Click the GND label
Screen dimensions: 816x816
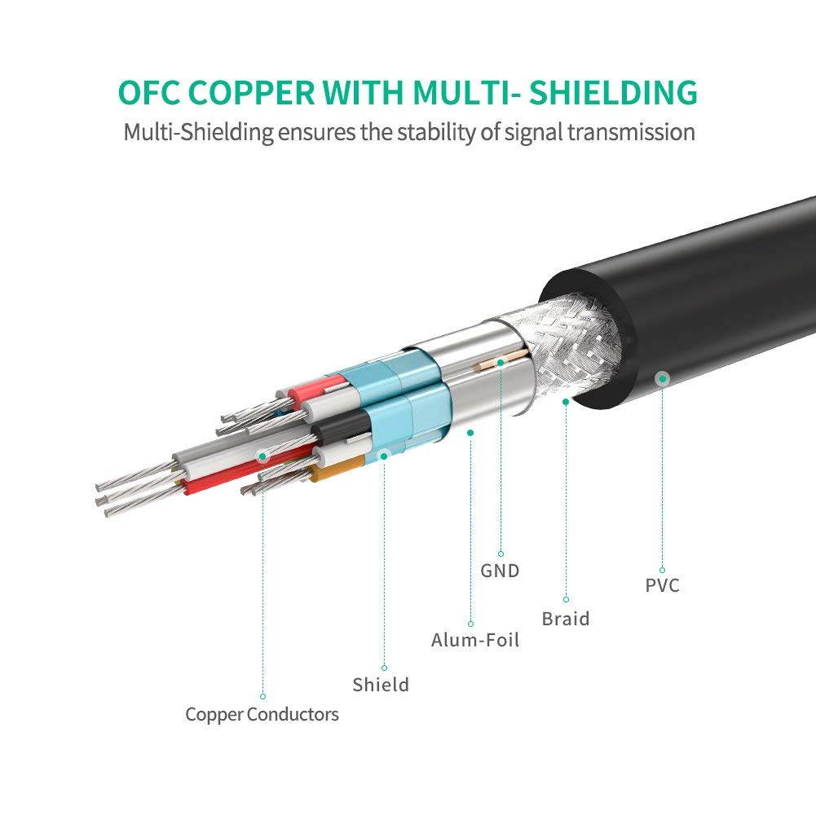[500, 571]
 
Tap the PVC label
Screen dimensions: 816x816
[662, 585]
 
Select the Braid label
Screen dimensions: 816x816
[566, 619]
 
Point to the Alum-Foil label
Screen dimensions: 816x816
[475, 640]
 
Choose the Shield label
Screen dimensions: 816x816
[381, 685]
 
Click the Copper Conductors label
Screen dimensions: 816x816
[262, 715]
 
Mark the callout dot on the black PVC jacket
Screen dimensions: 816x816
[663, 377]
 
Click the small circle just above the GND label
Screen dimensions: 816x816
[500, 554]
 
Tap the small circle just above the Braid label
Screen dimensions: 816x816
[566, 599]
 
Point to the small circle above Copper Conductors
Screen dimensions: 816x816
[262, 696]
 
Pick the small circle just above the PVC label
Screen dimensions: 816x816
[662, 570]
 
